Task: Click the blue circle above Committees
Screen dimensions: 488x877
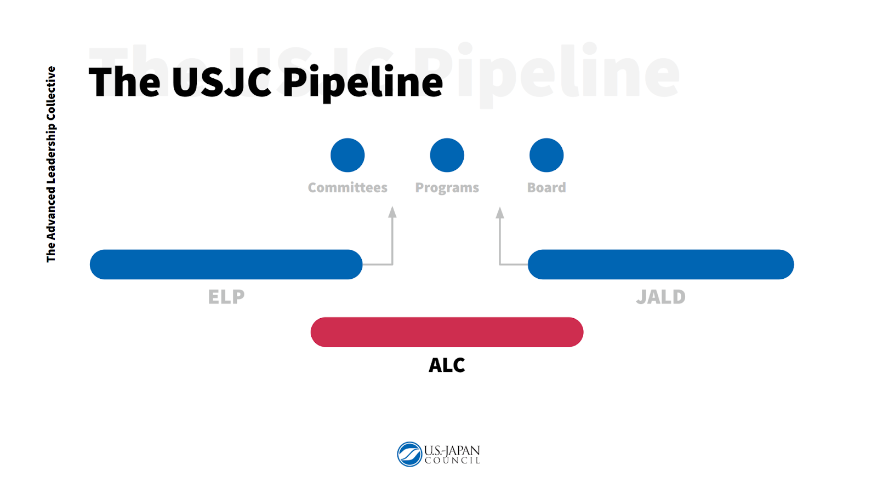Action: coord(348,155)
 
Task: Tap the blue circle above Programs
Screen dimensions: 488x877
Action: coord(447,155)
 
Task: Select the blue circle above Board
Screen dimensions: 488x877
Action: coord(546,155)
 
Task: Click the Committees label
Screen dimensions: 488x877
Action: coord(348,188)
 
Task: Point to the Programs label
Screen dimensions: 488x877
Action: coord(447,188)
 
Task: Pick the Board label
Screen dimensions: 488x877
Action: coord(546,188)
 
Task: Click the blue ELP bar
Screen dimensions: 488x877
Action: coord(226,265)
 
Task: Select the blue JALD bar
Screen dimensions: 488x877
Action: coord(660,265)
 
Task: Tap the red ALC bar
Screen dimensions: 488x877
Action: coord(447,332)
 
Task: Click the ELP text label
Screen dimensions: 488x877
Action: coord(226,297)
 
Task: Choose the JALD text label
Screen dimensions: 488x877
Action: coord(660,297)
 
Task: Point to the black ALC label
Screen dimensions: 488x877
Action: coord(447,365)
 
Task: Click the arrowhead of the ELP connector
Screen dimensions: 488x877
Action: coord(392,213)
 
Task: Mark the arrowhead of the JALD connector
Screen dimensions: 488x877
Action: coord(500,213)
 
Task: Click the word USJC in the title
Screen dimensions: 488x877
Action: coord(221,82)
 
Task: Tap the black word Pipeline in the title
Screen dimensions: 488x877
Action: coord(362,82)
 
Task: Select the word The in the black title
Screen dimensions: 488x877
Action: coord(124,82)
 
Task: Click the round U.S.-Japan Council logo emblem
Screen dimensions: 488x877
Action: coord(409,454)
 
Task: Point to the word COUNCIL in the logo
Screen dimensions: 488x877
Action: coord(452,461)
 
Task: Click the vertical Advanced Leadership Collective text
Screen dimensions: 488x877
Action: coord(51,164)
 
